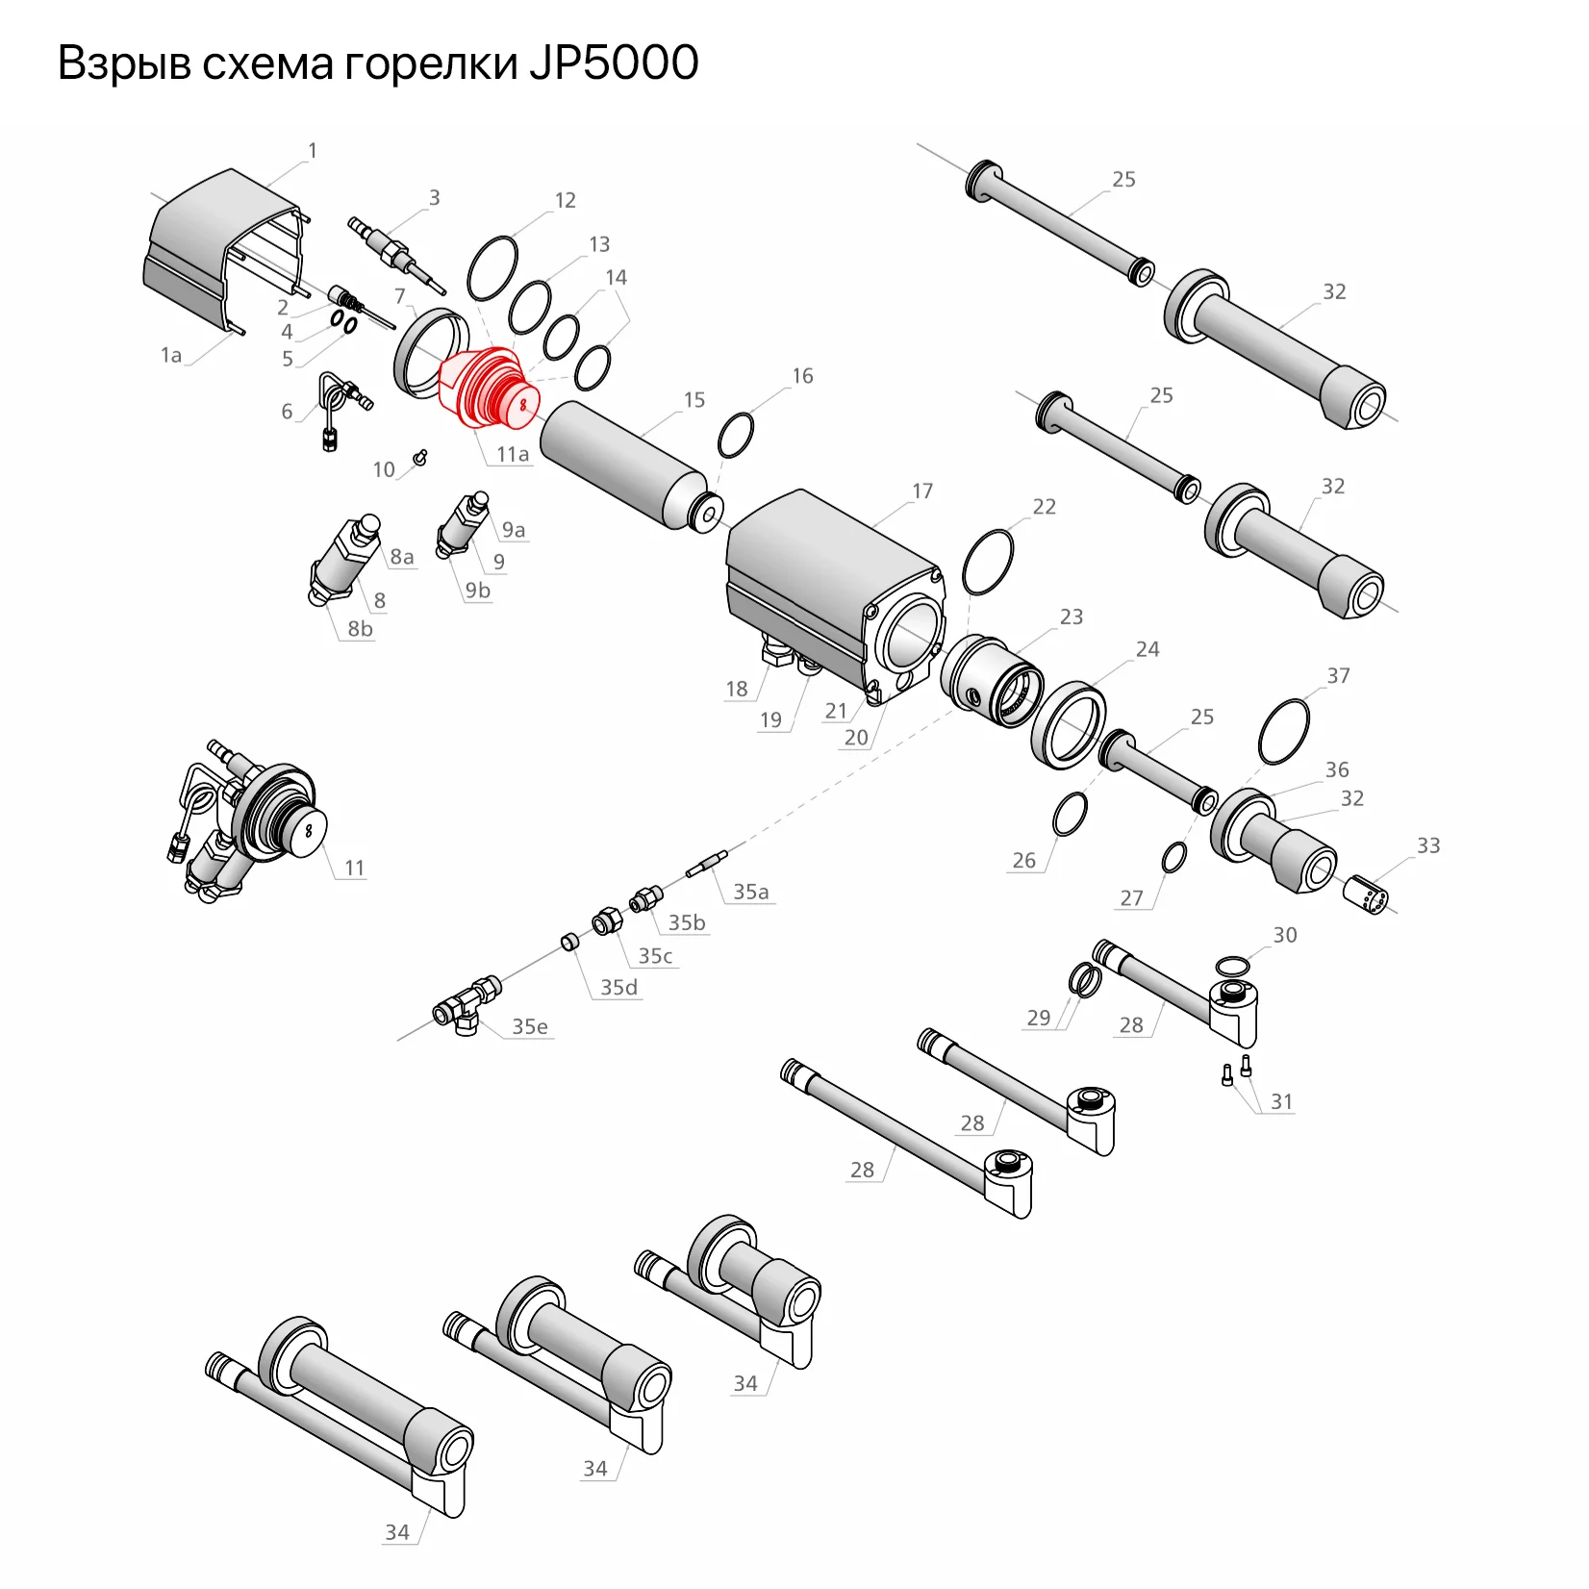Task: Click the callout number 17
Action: pos(922,492)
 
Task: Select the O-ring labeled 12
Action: pos(492,268)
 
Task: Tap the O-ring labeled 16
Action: pos(736,436)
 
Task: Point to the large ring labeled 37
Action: pos(1284,733)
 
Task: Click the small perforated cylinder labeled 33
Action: pos(1366,895)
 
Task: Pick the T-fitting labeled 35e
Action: pos(467,1006)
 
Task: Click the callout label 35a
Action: pos(751,893)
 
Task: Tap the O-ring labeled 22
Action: pos(988,563)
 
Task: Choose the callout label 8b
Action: pos(360,629)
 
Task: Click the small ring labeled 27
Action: pos(1173,858)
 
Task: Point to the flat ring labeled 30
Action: pos(1232,966)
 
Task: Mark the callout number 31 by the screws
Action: pos(1281,1102)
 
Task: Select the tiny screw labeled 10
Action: pos(419,457)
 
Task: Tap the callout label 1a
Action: pos(171,356)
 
